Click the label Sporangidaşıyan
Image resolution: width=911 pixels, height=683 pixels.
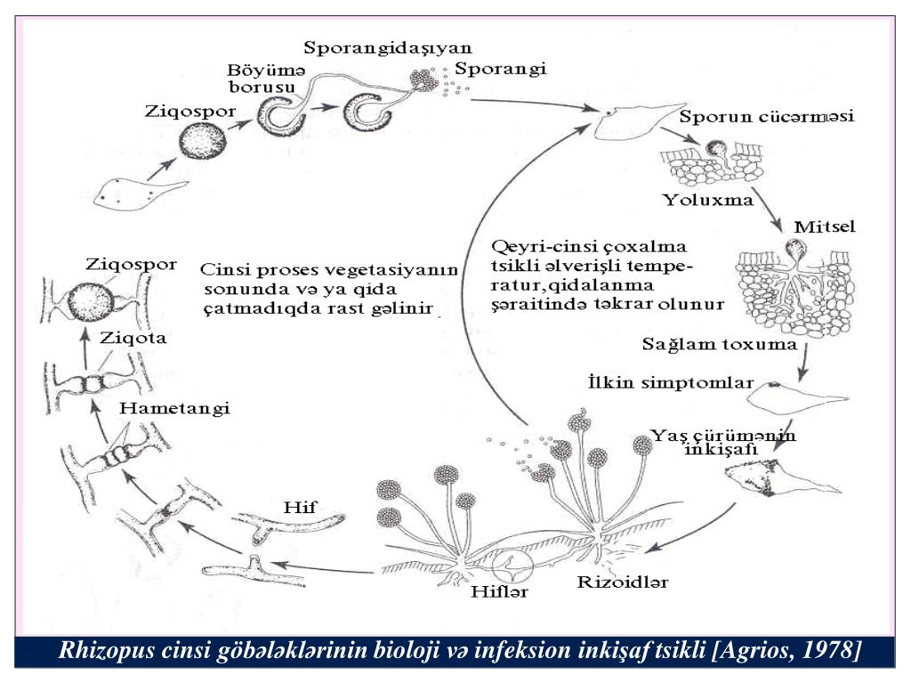[x=387, y=47]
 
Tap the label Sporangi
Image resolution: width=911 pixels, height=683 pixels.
[x=499, y=68]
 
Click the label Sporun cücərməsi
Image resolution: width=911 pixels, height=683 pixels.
[x=766, y=117]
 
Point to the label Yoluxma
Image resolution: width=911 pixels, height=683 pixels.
[x=708, y=199]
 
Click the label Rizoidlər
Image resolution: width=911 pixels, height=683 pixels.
[x=622, y=583]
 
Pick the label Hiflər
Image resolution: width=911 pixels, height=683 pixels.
[x=498, y=593]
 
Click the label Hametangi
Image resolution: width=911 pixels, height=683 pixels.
[x=174, y=408]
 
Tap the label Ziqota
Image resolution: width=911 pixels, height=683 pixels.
[x=133, y=338]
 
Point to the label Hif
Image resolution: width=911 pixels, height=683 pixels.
[x=300, y=507]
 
